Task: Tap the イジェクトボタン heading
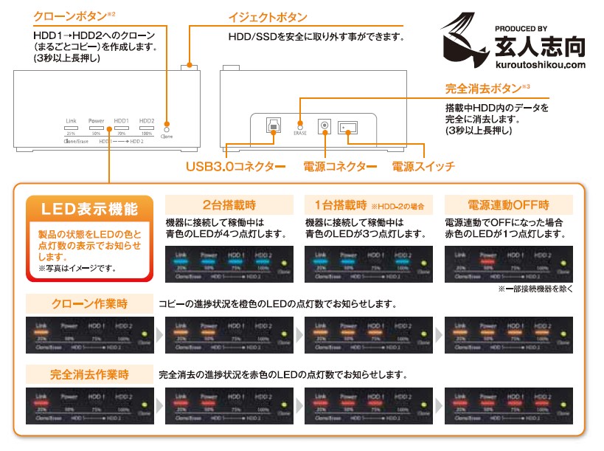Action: (268, 16)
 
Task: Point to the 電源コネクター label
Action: (340, 167)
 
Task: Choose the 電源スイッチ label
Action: (423, 167)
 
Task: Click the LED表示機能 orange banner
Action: (89, 209)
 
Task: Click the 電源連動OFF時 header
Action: (509, 204)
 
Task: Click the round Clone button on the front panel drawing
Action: (167, 125)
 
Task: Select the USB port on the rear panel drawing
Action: (273, 125)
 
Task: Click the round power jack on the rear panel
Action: (323, 126)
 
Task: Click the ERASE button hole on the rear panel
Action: (300, 125)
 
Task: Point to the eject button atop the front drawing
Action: (194, 66)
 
